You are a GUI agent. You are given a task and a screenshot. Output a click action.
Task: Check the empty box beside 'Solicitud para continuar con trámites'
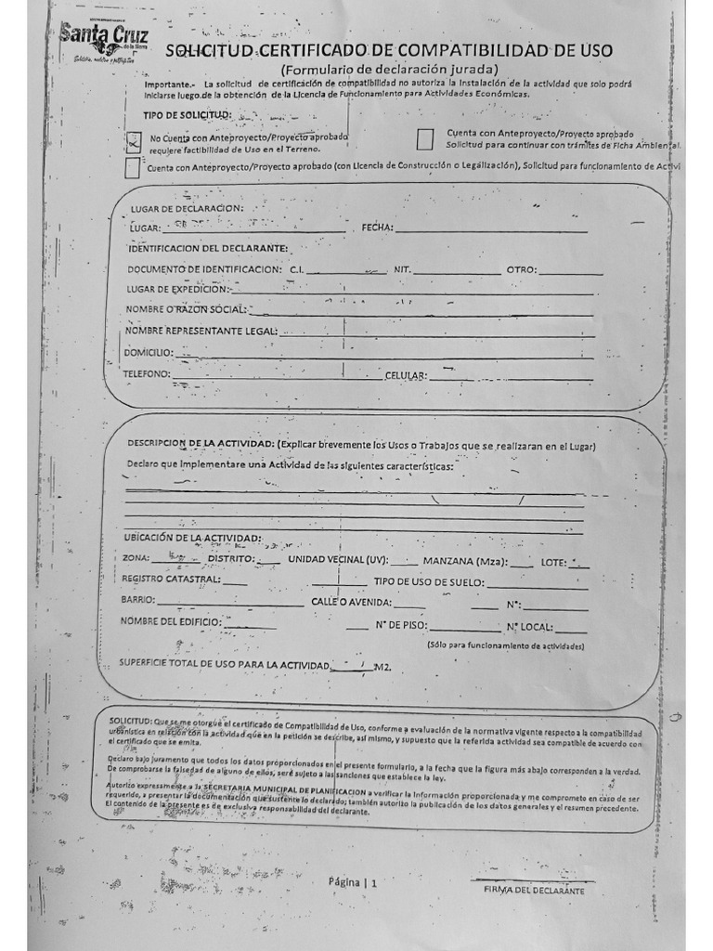(x=425, y=139)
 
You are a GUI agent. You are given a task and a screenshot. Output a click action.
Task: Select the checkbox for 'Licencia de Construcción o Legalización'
(x=133, y=168)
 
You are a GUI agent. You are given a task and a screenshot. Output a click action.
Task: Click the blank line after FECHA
(x=492, y=228)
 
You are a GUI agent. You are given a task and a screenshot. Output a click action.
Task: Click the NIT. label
(x=402, y=269)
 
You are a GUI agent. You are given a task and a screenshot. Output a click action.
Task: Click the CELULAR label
(x=406, y=376)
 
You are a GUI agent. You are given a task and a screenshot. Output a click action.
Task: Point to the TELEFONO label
(x=147, y=374)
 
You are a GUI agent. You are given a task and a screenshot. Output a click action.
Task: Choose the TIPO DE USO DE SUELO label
(x=429, y=582)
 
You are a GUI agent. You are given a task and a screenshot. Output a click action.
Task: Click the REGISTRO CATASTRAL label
(x=171, y=580)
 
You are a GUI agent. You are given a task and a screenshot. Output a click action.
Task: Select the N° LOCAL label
(x=529, y=626)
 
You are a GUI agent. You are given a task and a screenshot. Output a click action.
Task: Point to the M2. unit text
(x=383, y=667)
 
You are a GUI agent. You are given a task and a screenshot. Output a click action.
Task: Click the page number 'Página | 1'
(x=353, y=883)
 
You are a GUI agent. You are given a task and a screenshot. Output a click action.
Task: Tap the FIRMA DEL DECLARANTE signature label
(x=534, y=891)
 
